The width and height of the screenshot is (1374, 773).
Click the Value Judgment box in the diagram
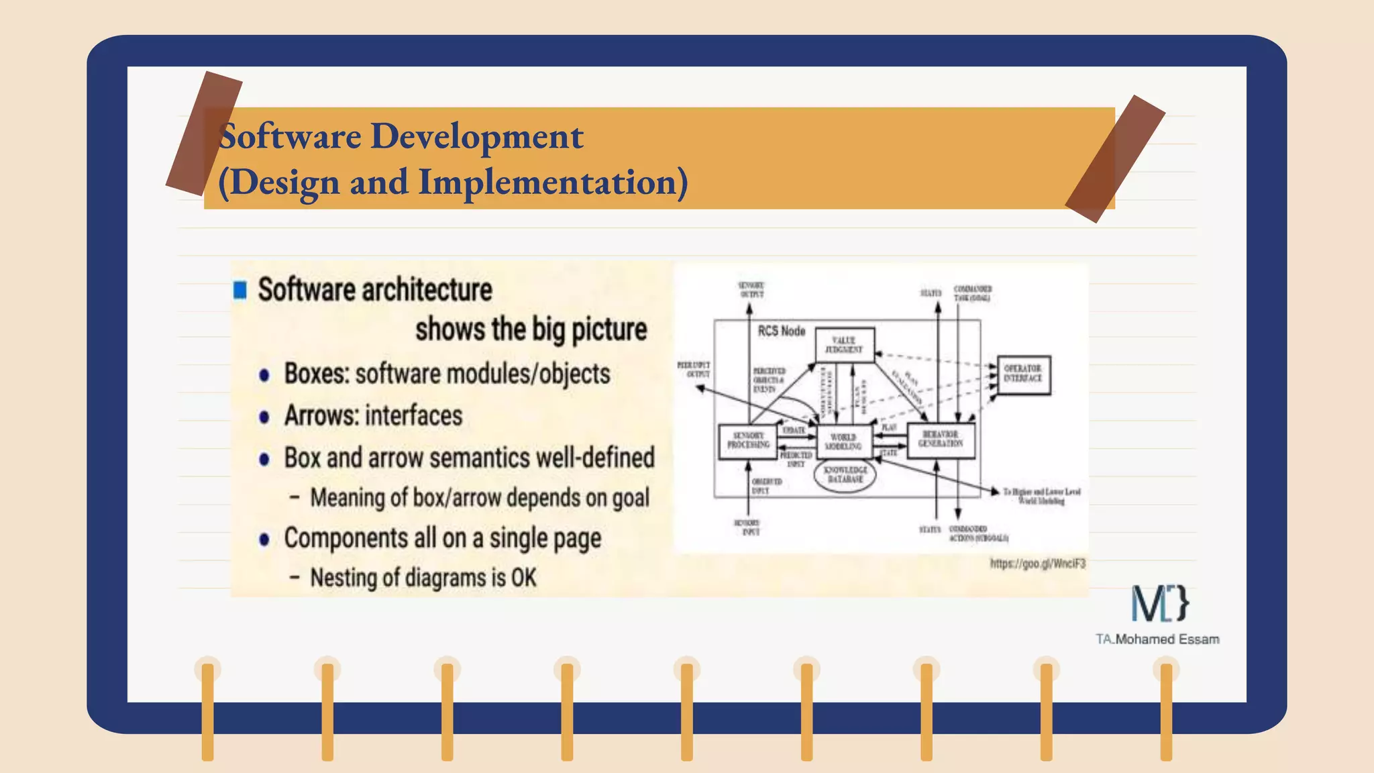(845, 345)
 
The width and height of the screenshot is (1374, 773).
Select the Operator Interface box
(1023, 374)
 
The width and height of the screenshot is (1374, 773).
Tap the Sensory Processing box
(748, 441)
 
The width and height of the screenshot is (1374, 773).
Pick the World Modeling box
(844, 442)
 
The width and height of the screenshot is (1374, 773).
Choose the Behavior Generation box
(941, 440)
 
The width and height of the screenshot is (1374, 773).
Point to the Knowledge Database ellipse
(845, 475)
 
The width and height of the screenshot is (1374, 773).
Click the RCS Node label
(781, 331)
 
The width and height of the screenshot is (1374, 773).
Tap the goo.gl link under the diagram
(1037, 564)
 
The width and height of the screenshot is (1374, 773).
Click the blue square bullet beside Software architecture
(240, 290)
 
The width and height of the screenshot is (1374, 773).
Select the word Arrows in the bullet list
(314, 416)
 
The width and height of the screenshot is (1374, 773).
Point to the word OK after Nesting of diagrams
(523, 578)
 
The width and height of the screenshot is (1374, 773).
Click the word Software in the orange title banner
(290, 136)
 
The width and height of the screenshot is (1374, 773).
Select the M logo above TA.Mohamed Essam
(1159, 603)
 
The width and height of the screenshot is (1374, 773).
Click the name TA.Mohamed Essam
(1157, 639)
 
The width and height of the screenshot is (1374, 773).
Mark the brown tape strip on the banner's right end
(1115, 159)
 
